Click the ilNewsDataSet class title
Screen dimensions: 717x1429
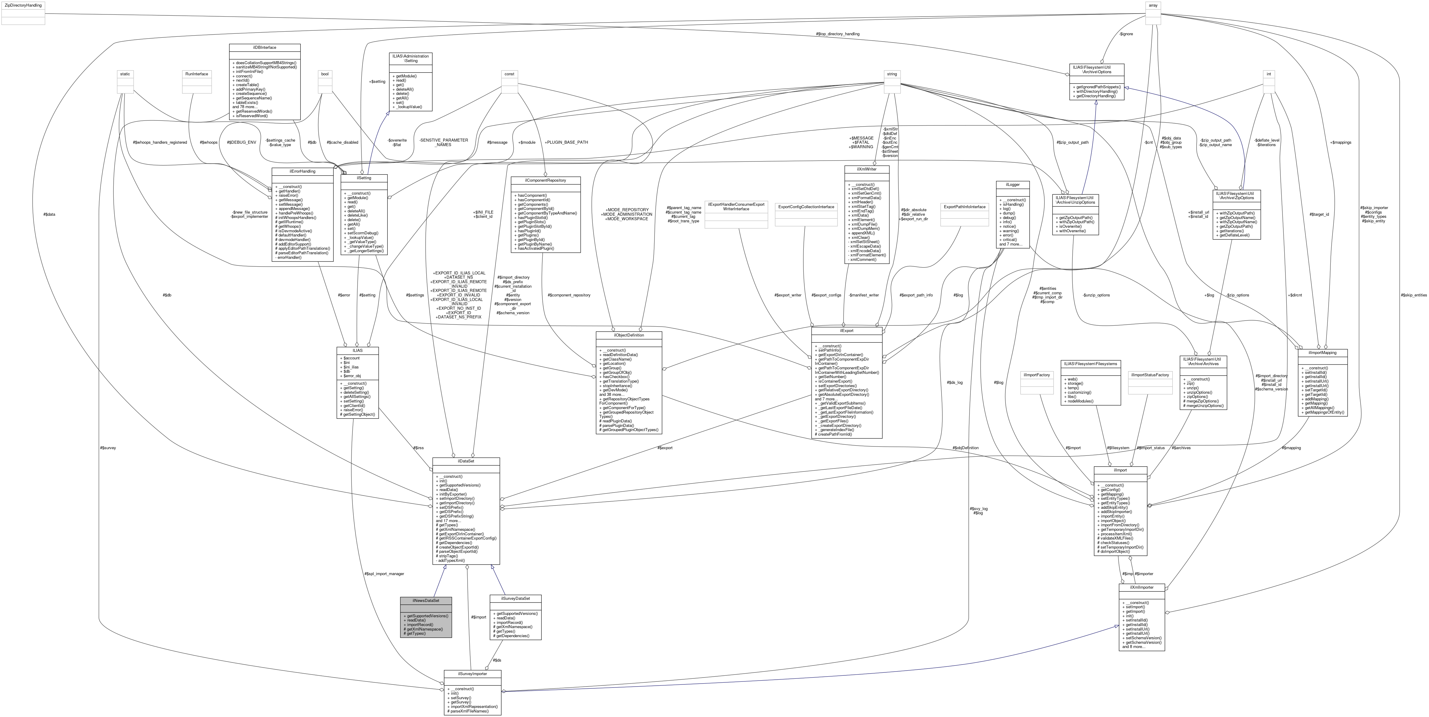click(x=425, y=600)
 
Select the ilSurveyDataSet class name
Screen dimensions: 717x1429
click(x=515, y=598)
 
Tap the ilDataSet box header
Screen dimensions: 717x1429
click(x=466, y=461)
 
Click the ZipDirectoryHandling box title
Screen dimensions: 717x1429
click(x=23, y=5)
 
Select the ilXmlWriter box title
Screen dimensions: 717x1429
click(x=866, y=169)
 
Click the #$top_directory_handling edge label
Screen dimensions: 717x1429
click(x=838, y=34)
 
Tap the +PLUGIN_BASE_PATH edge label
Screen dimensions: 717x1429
click(x=566, y=142)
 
